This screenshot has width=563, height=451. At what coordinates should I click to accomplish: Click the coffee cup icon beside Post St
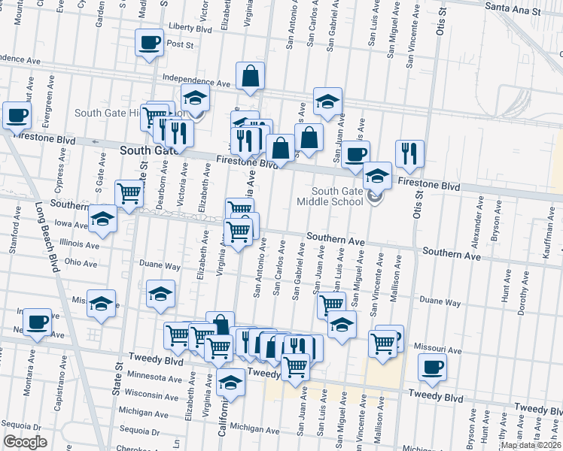pyautogui.click(x=148, y=42)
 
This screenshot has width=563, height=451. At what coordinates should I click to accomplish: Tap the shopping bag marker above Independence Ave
pyautogui.click(x=250, y=76)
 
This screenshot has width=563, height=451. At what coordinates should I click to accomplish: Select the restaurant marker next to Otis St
pyautogui.click(x=409, y=153)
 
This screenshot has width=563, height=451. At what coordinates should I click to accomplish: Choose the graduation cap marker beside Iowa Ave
pyautogui.click(x=102, y=219)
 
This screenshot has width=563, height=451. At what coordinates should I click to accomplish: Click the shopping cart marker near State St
pyautogui.click(x=129, y=193)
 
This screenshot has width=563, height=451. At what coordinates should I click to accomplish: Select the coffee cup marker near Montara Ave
pyautogui.click(x=36, y=322)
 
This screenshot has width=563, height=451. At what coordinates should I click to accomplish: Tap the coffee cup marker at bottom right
pyautogui.click(x=432, y=368)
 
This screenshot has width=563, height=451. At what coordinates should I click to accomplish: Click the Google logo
pyautogui.click(x=25, y=442)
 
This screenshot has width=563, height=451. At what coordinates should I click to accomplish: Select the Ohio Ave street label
pyautogui.click(x=81, y=264)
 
